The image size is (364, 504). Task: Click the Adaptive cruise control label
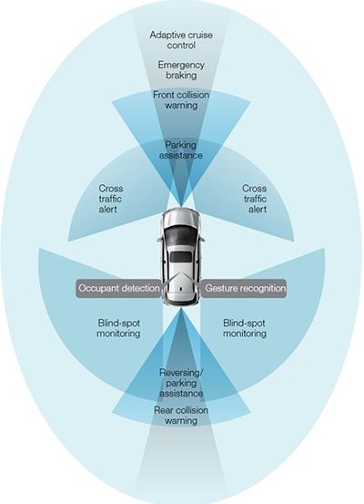pos(181,40)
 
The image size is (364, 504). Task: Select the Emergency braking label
pos(181,70)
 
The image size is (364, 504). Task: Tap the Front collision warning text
pos(181,100)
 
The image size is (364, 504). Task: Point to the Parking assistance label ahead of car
pos(181,150)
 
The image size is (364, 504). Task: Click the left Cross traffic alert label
pos(110,199)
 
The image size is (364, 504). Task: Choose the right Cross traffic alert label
pos(255,199)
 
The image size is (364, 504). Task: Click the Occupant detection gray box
pos(119,288)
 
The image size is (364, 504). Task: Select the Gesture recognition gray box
pos(245,288)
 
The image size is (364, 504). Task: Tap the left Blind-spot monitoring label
pos(119,328)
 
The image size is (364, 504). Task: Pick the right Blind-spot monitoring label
pos(245,328)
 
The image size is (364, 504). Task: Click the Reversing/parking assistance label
pos(181,383)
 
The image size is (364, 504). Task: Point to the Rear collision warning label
pos(181,416)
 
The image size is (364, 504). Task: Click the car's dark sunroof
pos(182,257)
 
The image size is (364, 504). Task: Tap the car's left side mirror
pos(159,239)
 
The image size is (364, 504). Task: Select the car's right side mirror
pos(203,239)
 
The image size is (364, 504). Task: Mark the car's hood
pos(182,217)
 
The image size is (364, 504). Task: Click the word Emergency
pos(181,65)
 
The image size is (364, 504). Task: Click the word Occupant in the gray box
pos(98,288)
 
